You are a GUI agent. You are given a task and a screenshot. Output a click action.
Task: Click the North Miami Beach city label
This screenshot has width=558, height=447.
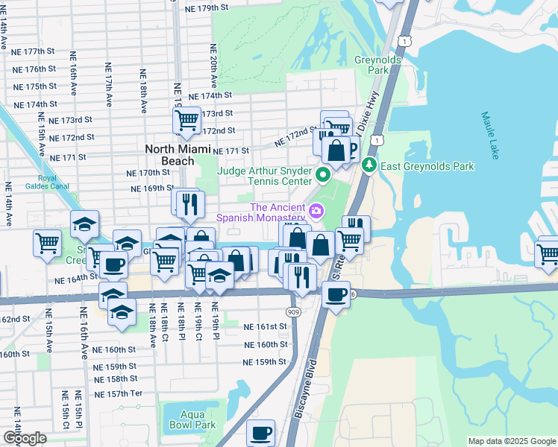169,155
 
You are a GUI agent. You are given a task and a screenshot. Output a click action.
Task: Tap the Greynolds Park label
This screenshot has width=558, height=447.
384,65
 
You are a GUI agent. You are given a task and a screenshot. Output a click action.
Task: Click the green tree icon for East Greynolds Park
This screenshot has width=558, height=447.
368,165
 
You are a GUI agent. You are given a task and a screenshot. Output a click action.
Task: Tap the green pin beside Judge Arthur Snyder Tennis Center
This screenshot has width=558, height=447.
322,176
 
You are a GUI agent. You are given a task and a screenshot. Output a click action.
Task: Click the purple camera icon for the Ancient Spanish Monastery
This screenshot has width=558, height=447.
316,212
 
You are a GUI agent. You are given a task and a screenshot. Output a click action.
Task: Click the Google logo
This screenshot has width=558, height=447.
24,438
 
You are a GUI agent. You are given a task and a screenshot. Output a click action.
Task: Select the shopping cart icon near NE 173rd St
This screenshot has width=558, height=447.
186,119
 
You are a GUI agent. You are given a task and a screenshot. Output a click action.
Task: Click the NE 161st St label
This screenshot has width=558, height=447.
266,326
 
